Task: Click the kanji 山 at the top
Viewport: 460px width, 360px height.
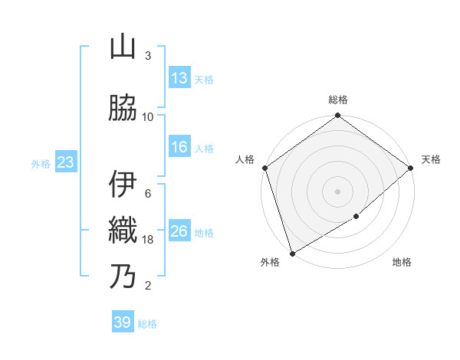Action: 123,48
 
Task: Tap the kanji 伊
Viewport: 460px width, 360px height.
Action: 123,185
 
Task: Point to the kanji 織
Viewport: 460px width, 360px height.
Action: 123,231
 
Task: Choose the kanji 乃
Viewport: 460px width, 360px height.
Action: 123,277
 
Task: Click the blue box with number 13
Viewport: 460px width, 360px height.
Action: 179,78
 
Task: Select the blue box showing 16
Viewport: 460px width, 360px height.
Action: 179,147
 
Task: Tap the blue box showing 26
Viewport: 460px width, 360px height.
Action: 179,231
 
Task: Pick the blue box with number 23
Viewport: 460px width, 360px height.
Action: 65,162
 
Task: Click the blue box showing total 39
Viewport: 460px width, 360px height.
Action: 123,322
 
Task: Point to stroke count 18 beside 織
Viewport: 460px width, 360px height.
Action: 148,240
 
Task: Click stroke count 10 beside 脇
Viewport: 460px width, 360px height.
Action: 148,117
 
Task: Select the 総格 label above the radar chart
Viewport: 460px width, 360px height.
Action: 338,100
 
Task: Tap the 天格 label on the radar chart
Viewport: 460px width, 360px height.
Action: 431,159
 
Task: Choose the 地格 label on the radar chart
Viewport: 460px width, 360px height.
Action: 402,263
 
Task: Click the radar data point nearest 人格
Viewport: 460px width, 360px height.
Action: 264,168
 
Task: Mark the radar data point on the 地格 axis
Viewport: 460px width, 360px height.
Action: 356,218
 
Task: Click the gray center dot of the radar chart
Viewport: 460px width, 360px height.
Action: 338,191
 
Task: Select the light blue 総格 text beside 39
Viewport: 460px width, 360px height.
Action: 147,324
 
